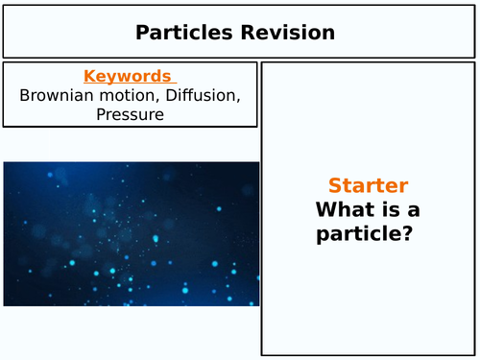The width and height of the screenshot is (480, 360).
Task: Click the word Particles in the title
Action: click(181, 33)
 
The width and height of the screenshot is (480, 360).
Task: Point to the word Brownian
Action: click(56, 96)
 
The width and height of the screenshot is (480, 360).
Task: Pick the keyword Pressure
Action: click(130, 115)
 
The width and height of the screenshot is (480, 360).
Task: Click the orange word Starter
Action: click(368, 186)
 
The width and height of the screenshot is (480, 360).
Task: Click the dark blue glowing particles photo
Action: click(131, 233)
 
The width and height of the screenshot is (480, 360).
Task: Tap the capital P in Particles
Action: click(142, 33)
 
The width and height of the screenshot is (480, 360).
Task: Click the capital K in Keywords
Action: click(89, 76)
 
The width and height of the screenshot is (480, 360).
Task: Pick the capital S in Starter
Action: click(334, 186)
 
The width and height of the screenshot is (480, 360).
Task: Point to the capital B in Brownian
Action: click(24, 96)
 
